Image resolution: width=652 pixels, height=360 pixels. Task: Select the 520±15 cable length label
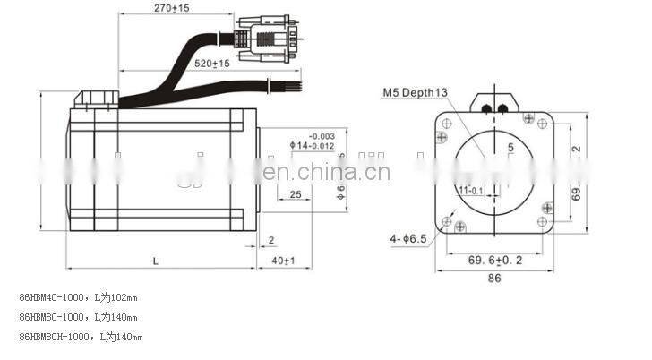pyautogui.click(x=210, y=64)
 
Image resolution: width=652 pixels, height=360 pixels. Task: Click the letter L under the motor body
pyautogui.click(x=156, y=260)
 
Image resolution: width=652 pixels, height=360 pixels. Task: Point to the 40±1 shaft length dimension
pyautogui.click(x=283, y=260)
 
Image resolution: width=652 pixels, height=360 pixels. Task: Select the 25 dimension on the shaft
pyautogui.click(x=295, y=194)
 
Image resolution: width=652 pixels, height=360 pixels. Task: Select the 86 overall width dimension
pyautogui.click(x=494, y=279)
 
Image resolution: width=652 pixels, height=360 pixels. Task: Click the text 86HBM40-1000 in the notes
pyautogui.click(x=52, y=297)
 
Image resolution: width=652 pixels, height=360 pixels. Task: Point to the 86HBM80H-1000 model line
pyautogui.click(x=55, y=337)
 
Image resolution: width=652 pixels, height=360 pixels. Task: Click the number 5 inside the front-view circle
pyautogui.click(x=510, y=146)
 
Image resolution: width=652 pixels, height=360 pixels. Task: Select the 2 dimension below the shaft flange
pyautogui.click(x=271, y=239)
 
